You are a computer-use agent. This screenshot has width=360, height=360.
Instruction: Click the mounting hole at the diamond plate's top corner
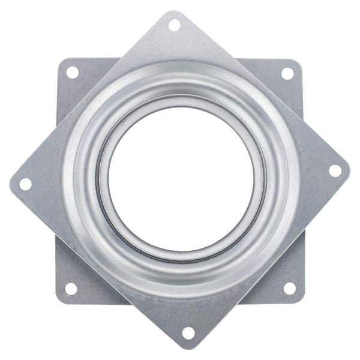point(174,25)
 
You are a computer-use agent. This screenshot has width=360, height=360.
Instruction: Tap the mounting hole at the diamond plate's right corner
point(335,170)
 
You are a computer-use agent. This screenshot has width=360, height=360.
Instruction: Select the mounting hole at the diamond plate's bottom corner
point(188,332)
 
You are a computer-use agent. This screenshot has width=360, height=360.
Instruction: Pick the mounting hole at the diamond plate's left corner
point(25,184)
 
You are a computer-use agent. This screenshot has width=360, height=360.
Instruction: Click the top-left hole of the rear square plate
point(72,73)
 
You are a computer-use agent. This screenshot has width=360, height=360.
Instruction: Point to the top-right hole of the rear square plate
point(287,73)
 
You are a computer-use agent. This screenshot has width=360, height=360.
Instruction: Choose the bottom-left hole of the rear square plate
point(71,289)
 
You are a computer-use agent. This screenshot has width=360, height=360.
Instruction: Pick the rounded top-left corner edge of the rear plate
point(59,61)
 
